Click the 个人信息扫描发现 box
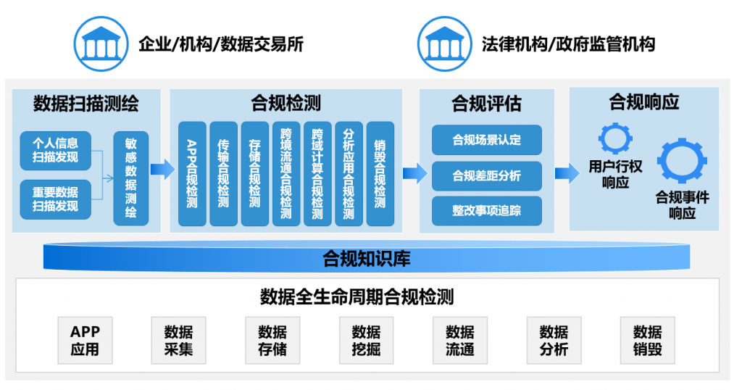point(55,151)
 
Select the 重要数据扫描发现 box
point(55,199)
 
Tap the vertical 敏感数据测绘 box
point(131,178)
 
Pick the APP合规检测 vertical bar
point(192,174)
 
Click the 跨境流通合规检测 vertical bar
point(286,174)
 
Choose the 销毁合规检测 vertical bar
point(380,174)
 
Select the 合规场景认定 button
point(486,140)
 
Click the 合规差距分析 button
point(486,175)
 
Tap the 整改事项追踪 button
point(486,211)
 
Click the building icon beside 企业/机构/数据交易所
point(101,44)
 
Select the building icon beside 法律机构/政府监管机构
point(444,44)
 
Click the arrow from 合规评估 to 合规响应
point(567,173)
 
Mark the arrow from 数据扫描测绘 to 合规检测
point(163,170)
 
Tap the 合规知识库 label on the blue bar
point(366,258)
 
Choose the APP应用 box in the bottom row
point(86,340)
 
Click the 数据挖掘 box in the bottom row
point(366,340)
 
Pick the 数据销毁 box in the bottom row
point(647,340)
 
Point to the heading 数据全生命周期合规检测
point(357,296)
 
